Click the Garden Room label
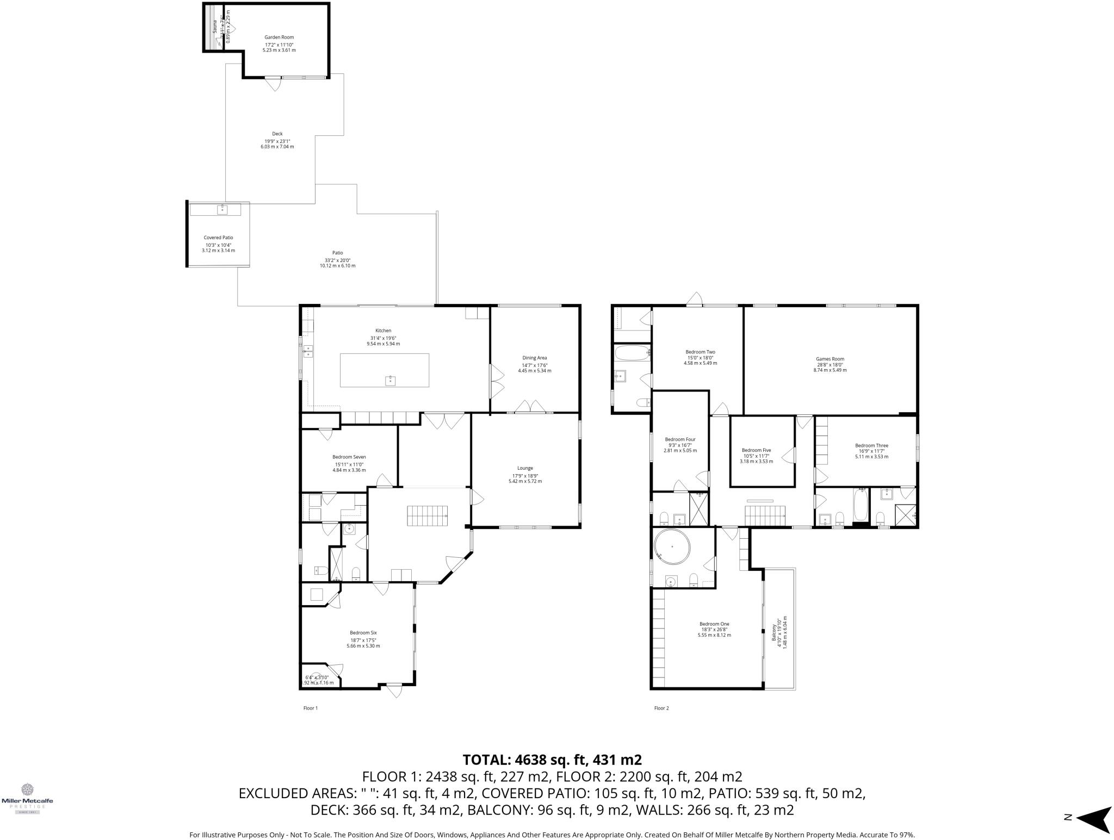tap(279, 38)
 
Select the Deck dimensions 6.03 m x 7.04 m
tap(277, 147)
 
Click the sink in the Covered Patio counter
tap(222, 209)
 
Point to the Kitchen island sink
tap(390, 380)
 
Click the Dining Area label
tap(534, 358)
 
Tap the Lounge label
tap(525, 468)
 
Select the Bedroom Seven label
tap(349, 457)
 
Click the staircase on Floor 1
tap(428, 515)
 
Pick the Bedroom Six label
tap(363, 633)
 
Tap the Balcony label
tap(774, 632)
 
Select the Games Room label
tap(830, 359)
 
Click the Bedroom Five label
tap(756, 450)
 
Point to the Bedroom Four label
tap(680, 439)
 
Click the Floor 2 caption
tap(661, 708)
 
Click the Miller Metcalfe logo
tap(27, 797)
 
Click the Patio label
tap(337, 253)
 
